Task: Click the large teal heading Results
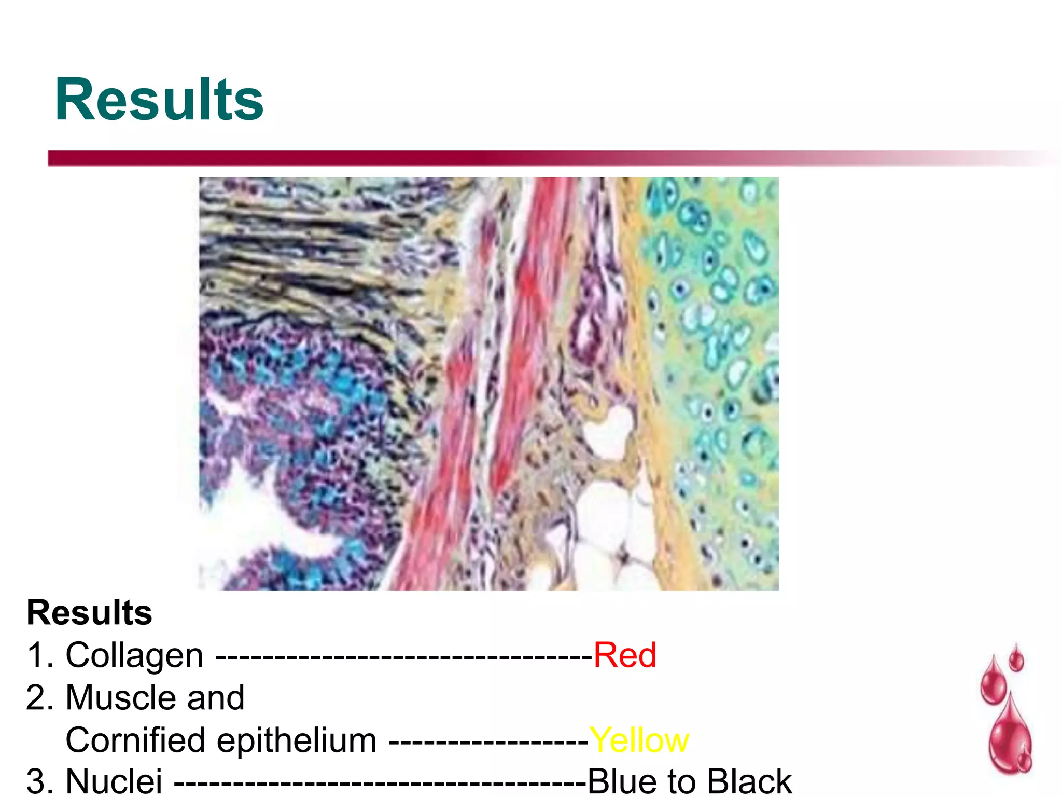pos(159,100)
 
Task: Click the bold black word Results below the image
pos(89,613)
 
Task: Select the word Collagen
pos(134,655)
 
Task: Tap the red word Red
pos(625,655)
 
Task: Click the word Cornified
pos(135,740)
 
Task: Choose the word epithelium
pos(297,741)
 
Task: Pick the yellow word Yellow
pos(639,740)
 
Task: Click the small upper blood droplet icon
pos(1016,659)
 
